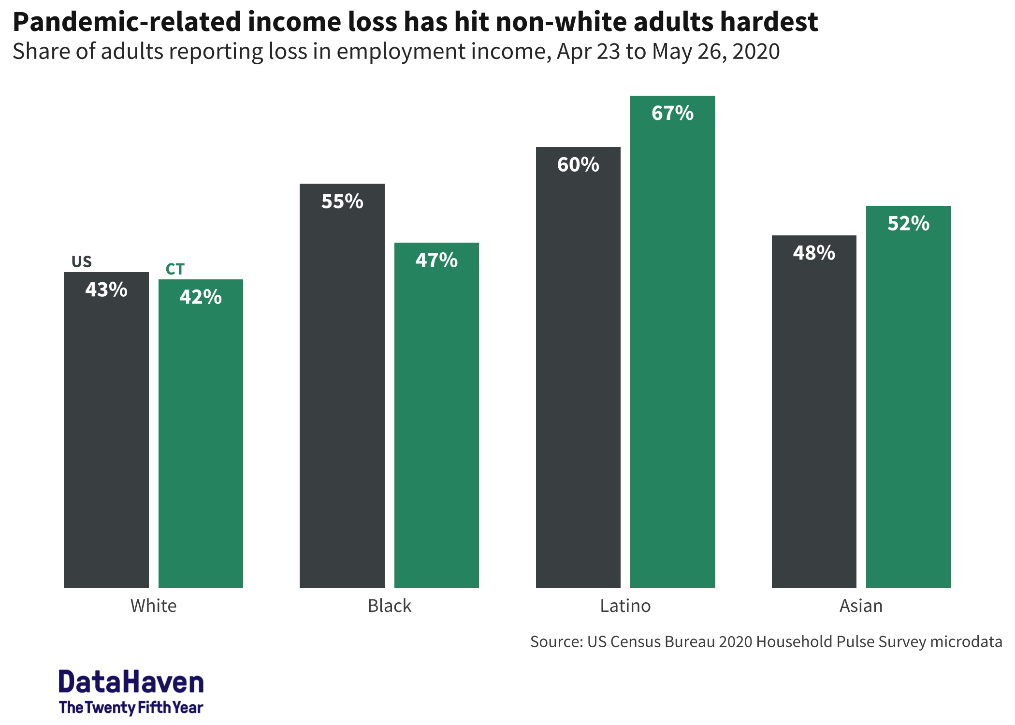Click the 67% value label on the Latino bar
(x=672, y=114)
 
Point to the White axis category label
(x=153, y=606)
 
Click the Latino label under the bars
(x=625, y=606)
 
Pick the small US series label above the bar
(x=81, y=261)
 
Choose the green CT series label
(x=175, y=269)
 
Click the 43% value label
(x=106, y=290)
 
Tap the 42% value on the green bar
(x=201, y=297)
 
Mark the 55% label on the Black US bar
(x=342, y=202)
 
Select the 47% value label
(x=436, y=261)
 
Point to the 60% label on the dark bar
(x=578, y=165)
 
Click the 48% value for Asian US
(x=814, y=253)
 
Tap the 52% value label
(x=908, y=224)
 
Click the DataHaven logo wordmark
(x=131, y=682)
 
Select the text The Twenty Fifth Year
(x=131, y=708)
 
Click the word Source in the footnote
(x=556, y=642)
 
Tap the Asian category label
(x=861, y=606)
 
